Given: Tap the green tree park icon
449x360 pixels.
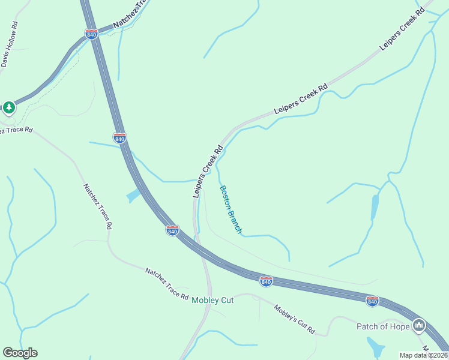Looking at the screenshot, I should tap(8, 107).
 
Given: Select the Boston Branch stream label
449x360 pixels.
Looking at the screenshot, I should tap(231, 209).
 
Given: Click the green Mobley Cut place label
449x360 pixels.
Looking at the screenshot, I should tap(212, 300).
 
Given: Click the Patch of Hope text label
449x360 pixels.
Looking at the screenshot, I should tap(383, 326).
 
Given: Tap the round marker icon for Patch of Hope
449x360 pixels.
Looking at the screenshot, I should tap(419, 326).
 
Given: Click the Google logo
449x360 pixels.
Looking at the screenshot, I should tap(20, 353).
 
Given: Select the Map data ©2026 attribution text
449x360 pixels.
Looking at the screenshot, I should tap(423, 355).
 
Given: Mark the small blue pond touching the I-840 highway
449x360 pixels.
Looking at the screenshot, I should tap(134, 196).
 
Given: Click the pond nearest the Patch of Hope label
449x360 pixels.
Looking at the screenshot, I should tap(376, 346).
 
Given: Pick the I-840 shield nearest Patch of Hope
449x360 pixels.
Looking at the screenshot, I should tap(372, 301).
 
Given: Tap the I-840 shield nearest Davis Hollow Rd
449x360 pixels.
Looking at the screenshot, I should tap(91, 34).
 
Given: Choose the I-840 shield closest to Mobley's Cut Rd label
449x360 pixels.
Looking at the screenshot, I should tap(266, 281).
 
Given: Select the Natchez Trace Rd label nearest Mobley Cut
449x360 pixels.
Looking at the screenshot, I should tap(167, 284).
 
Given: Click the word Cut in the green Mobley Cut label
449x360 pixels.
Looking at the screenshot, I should tap(226, 300).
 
